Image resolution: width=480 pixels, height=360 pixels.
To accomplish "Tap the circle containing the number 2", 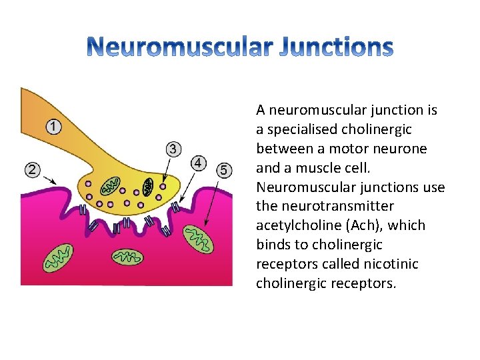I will click(x=31, y=169).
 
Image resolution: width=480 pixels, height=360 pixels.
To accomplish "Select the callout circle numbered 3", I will click(x=173, y=149).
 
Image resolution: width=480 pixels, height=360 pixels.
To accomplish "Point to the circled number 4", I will click(x=198, y=163).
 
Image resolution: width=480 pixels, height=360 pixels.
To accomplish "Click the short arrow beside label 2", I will click(x=47, y=178).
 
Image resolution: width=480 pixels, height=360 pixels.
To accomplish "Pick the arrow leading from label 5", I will click(x=214, y=201).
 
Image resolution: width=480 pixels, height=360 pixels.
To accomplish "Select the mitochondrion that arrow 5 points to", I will click(x=198, y=238).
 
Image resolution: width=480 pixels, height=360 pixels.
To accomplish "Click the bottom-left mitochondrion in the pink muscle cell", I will click(x=58, y=257).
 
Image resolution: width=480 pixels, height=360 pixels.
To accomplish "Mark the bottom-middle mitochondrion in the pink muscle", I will click(x=126, y=257).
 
